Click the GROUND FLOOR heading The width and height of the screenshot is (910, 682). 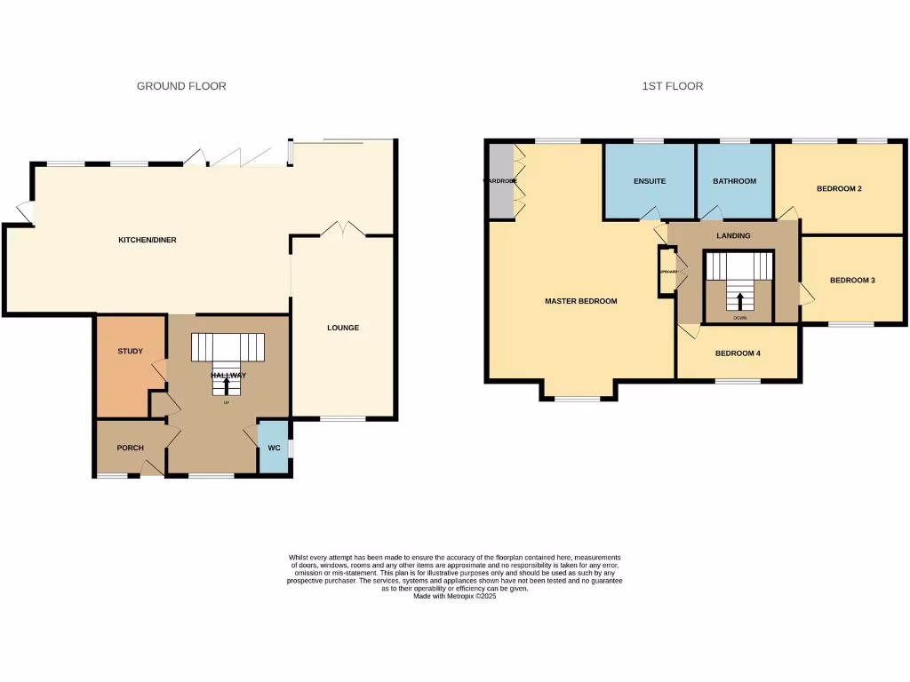click(181, 86)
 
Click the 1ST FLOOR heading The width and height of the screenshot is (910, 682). click(673, 86)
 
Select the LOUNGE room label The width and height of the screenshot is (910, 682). click(343, 328)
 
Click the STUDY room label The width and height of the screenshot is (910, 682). click(131, 351)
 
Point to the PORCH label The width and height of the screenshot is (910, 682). click(130, 448)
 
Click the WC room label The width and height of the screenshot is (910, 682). click(274, 448)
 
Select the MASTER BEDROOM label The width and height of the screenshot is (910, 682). click(580, 301)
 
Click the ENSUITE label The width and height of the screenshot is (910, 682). click(650, 181)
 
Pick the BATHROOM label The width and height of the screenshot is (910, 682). click(734, 181)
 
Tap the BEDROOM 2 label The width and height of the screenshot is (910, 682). click(839, 188)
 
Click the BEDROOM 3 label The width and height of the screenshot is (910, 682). click(852, 280)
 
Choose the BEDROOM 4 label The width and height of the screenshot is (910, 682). click(738, 353)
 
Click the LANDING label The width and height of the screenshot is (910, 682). click(733, 235)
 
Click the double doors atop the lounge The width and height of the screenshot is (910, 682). click(343, 229)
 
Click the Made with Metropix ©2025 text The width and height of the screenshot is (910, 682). click(454, 597)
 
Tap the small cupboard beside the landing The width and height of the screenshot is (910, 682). click(667, 272)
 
